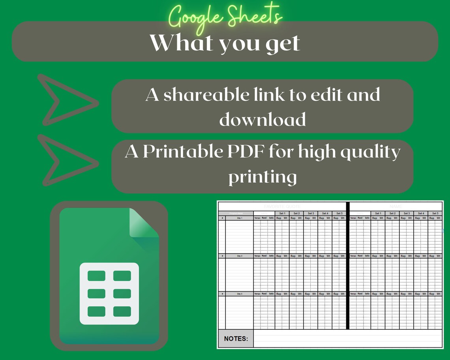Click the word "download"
pos(262,119)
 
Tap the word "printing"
pos(262,176)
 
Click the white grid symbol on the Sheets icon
pos(109,293)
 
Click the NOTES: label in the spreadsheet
pos(236,339)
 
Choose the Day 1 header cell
pos(239,218)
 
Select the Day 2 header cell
pos(239,256)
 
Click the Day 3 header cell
pos(239,294)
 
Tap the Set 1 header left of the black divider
pos(282,213)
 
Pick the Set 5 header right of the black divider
pos(435,213)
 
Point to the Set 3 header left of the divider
pos(311,213)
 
